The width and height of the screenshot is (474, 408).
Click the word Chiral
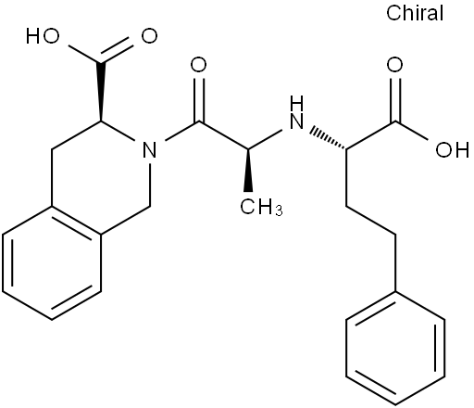[415, 13]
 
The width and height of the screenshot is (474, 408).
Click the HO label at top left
[43, 36]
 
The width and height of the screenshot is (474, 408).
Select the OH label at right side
[452, 150]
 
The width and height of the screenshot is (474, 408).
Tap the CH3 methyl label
[261, 207]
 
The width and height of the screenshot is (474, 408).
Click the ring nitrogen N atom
[149, 150]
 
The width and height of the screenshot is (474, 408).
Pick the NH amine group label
[297, 112]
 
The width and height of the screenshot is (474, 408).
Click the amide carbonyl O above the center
[198, 65]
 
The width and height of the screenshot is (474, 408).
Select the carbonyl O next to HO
[149, 36]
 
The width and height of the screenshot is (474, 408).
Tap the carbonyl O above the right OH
[395, 65]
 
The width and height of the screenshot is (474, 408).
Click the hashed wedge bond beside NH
[328, 138]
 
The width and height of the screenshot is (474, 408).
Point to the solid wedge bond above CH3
[248, 170]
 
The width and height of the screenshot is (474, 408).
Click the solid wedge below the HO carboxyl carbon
[101, 92]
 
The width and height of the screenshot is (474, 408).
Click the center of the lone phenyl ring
[395, 348]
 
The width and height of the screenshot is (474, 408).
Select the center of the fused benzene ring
[52, 262]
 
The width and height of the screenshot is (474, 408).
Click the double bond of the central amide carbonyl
[198, 99]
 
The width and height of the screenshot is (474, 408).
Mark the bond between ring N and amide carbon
[182, 132]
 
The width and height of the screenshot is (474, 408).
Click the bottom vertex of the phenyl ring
[395, 404]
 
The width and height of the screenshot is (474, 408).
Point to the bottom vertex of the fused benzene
[52, 319]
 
